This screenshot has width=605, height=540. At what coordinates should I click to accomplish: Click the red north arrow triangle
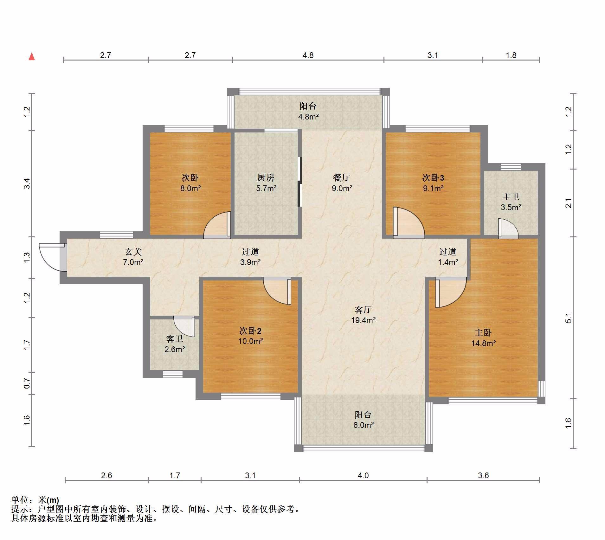point(32,57)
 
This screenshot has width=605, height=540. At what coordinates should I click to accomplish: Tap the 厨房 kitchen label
point(266,177)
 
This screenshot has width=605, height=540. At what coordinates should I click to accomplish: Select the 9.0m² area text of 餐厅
point(342,188)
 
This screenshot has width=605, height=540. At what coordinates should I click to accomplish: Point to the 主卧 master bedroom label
point(483,332)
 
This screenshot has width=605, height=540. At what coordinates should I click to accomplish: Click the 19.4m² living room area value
point(363,320)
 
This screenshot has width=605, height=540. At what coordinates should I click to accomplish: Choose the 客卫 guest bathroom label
point(175,339)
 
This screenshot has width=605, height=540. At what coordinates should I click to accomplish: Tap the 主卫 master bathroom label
point(511,197)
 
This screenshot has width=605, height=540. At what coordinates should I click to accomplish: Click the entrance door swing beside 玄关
point(51,257)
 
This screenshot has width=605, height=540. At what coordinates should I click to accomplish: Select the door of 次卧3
point(409,222)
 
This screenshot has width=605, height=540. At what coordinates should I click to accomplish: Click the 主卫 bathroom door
point(508,228)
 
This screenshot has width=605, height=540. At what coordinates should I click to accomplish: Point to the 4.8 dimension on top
point(308,55)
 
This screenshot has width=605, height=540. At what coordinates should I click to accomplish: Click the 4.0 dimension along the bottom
point(363,475)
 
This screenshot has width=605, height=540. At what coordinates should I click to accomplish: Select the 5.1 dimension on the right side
point(569,318)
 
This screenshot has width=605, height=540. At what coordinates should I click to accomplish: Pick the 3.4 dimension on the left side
point(27,183)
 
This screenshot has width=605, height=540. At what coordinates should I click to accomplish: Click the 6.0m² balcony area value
point(364,425)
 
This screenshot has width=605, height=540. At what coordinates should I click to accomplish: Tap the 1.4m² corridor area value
point(448,262)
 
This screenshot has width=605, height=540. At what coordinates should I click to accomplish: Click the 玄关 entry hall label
point(133,252)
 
